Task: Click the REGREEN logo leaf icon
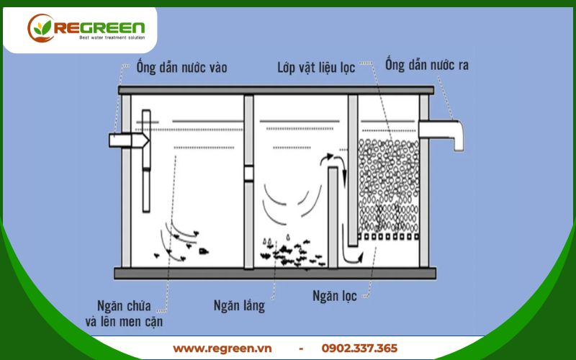pos(40,28)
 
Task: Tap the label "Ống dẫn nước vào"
pos(181,67)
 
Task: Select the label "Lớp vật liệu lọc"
pos(316,68)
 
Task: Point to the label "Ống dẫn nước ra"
pos(427,65)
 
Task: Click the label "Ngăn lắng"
pos(239,305)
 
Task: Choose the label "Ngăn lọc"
pos(335,296)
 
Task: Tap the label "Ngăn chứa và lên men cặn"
pos(124,314)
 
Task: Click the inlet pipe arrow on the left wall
pos(129,140)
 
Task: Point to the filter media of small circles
pos(388,186)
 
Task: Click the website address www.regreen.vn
pos(222,348)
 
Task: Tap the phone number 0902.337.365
pos(359,348)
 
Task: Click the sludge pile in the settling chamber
pos(292,253)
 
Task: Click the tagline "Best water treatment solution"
pos(112,38)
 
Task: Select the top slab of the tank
pos(276,91)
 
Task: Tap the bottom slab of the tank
pos(275,274)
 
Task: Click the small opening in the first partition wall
pos(248,174)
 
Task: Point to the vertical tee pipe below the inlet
pos(146,161)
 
